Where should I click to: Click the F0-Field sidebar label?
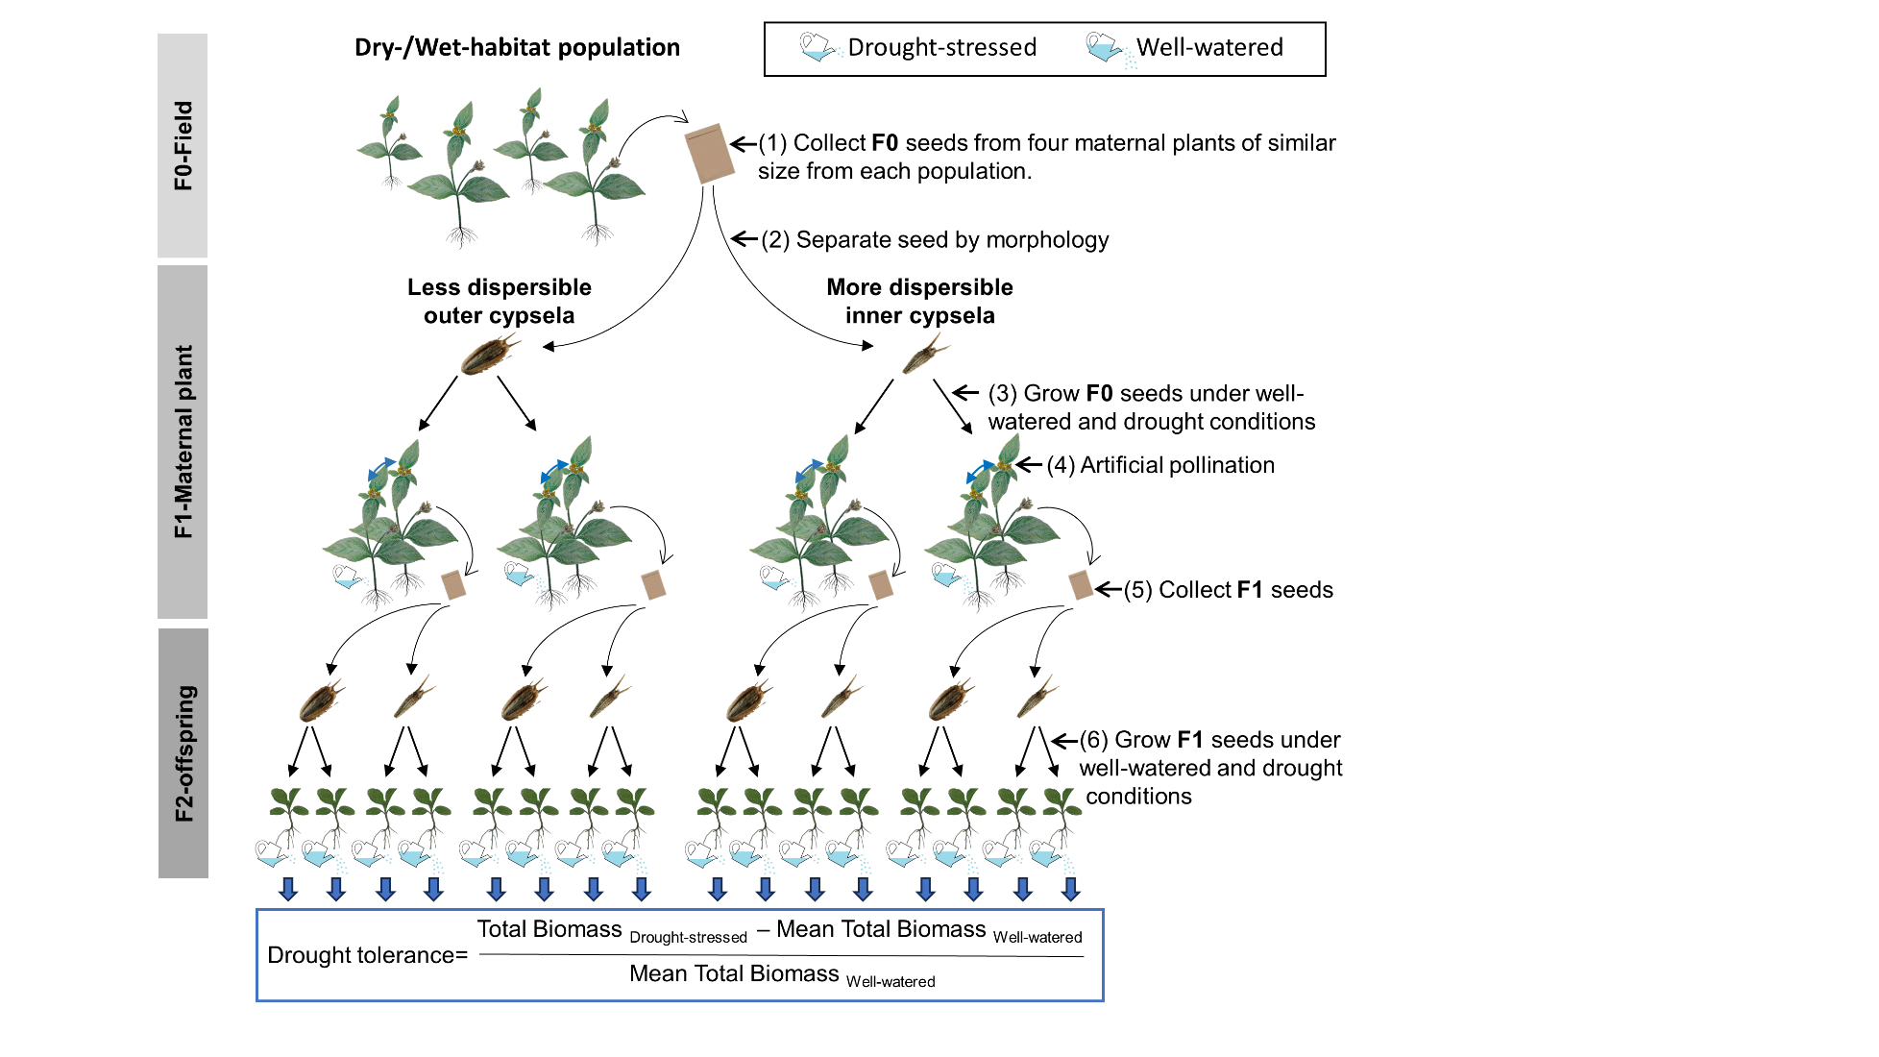(x=183, y=145)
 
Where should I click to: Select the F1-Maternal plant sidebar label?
(x=183, y=441)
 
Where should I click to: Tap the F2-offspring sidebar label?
(x=183, y=753)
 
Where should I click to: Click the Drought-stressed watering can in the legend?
(x=817, y=46)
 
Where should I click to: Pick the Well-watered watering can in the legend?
(x=1106, y=46)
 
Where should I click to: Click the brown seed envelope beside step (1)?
(x=710, y=153)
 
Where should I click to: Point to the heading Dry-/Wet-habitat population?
(x=517, y=47)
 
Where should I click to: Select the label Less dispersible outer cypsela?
(x=499, y=301)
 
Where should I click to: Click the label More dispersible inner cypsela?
(x=919, y=301)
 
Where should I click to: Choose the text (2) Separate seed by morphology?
(x=935, y=239)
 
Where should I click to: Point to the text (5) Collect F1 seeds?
(x=1228, y=590)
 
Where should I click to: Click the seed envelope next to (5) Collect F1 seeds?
(x=1081, y=584)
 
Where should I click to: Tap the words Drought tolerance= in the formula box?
(x=367, y=955)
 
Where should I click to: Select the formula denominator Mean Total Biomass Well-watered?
(x=782, y=974)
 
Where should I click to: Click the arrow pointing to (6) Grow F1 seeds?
(x=1064, y=740)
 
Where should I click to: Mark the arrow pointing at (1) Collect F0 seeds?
(x=743, y=144)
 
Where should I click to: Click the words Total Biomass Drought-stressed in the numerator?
(x=612, y=930)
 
